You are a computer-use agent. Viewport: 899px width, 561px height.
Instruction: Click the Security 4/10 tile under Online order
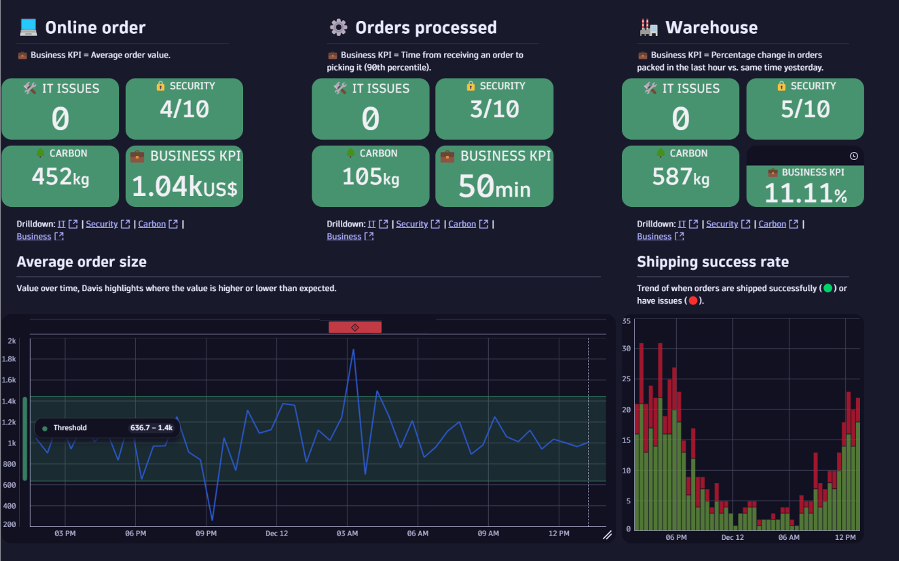184,109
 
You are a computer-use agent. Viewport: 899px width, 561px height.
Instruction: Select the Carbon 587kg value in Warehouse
680,177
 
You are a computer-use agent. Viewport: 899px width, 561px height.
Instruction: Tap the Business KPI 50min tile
494,177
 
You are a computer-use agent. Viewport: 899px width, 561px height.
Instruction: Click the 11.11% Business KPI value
805,193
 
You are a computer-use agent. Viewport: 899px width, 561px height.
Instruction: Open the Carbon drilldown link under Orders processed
462,224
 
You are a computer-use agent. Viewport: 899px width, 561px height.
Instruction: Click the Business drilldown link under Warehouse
654,236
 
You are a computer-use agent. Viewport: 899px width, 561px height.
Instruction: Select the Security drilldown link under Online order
102,224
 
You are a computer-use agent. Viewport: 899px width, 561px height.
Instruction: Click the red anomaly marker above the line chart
355,327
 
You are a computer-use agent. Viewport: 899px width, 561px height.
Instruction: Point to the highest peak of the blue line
353,350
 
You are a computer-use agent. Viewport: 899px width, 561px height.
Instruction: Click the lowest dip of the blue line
212,520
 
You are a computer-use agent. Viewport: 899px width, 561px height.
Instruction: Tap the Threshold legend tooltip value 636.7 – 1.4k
151,428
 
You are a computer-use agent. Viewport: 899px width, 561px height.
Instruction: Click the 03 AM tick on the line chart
347,533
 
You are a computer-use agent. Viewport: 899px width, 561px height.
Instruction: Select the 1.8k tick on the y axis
9,359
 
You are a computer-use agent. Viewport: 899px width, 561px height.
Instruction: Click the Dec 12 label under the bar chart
732,537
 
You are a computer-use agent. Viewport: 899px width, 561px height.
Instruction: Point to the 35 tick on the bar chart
626,321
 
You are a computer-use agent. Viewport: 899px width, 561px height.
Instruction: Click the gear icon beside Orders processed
338,27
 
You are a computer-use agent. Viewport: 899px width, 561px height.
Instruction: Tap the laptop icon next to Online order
28,27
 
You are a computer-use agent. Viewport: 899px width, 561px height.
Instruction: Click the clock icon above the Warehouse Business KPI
854,156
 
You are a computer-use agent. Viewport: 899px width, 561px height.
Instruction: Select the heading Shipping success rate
712,262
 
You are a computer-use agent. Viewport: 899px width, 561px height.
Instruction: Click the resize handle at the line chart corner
607,535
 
